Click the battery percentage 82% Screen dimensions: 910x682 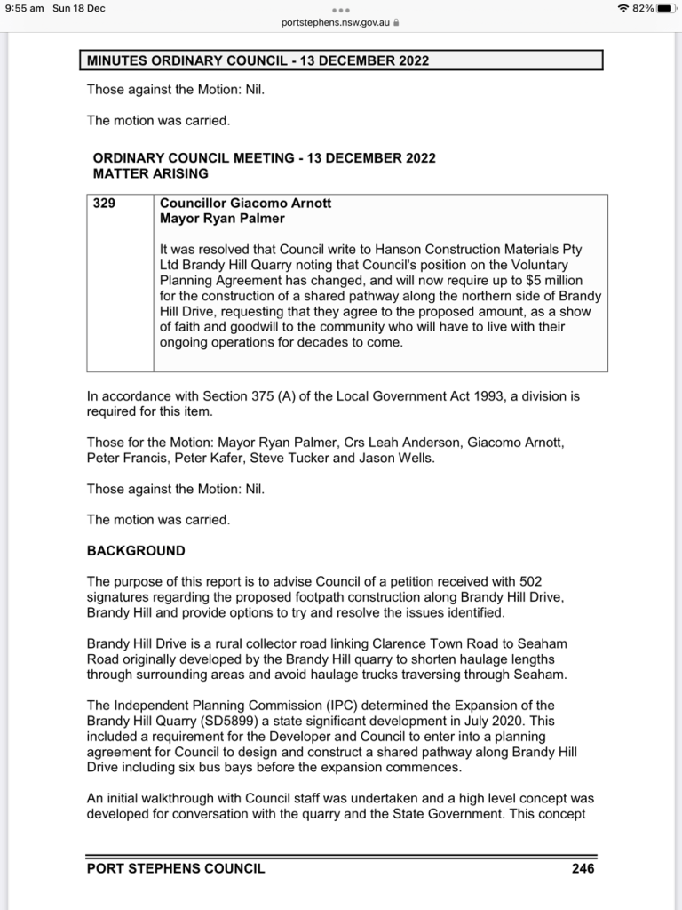643,8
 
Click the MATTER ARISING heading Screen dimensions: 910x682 151,173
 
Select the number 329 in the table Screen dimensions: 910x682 105,204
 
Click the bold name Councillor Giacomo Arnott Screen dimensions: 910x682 245,204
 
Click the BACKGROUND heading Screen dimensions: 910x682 136,551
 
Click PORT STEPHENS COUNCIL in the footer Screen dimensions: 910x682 176,868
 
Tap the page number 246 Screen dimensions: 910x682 583,868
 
